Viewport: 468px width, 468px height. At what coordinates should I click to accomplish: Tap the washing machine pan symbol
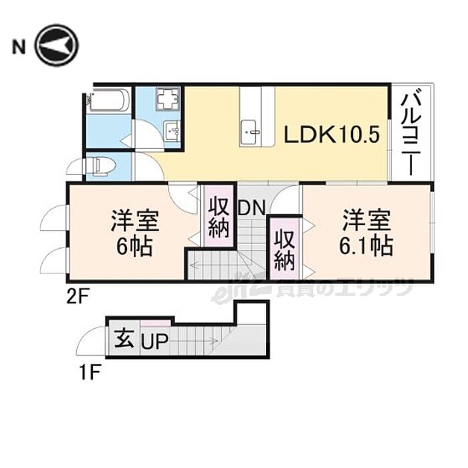coord(166,101)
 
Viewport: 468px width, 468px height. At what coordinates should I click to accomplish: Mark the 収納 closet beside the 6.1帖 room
coord(283,249)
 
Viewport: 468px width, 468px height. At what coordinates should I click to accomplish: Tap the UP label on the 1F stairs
coord(154,344)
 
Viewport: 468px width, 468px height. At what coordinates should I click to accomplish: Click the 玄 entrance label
coord(122,338)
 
